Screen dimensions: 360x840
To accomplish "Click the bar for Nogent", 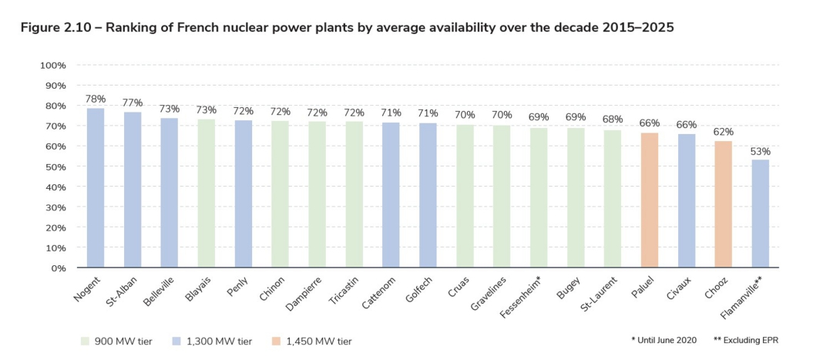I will pos(96,188).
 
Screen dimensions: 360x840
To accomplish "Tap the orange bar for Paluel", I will pos(650,200).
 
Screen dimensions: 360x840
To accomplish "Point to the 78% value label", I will pos(96,99).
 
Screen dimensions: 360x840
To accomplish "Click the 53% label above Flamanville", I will pos(761,151).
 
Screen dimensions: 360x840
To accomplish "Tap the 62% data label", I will pos(724,132).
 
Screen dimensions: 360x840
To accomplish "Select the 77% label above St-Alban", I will pos(133,103).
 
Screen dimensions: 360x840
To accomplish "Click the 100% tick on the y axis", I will pos(53,66).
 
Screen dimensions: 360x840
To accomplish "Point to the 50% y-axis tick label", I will pos(55,167).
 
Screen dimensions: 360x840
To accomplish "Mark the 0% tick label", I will pos(59,268).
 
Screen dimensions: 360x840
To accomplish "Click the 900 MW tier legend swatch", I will pos(86,340).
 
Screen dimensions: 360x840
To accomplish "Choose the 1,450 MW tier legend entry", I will pos(311,340).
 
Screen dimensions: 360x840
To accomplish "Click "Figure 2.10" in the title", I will pos(57,28).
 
